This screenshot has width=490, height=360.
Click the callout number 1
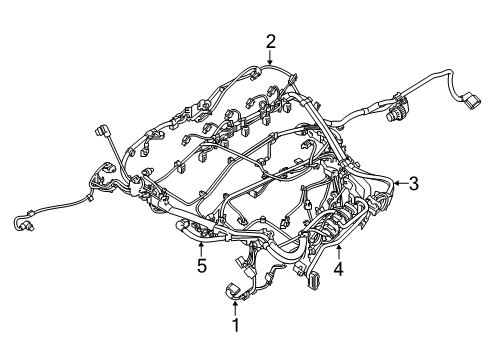(236, 325)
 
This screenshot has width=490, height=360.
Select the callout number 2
(270, 40)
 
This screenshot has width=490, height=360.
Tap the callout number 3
(413, 183)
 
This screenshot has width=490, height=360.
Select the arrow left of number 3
(397, 183)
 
